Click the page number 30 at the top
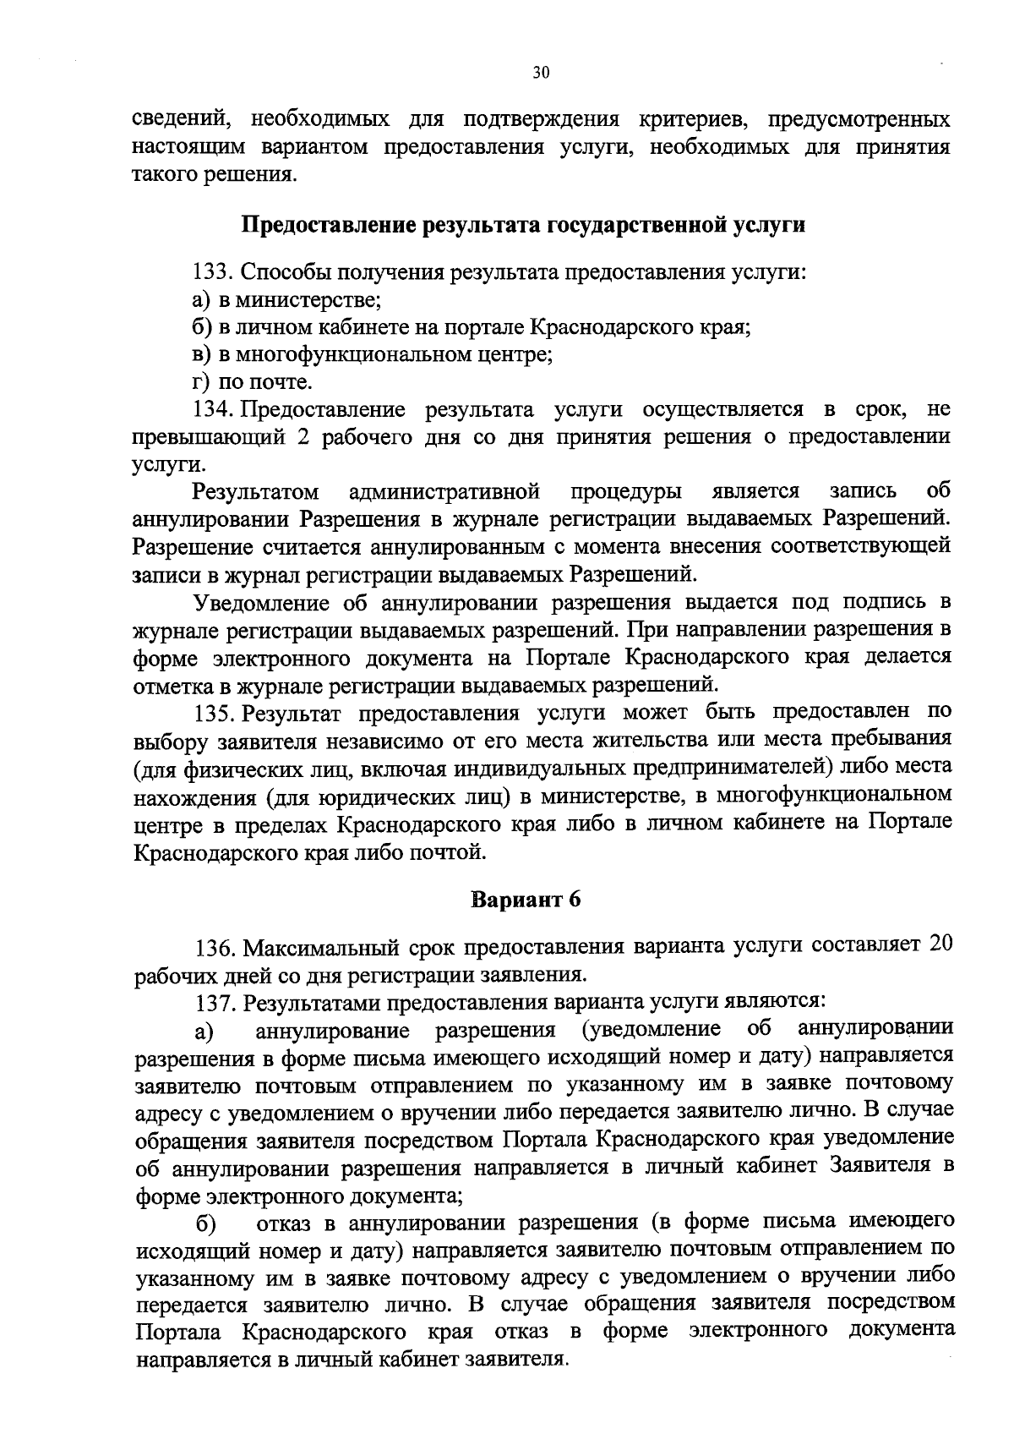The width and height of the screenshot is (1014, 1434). pos(541,73)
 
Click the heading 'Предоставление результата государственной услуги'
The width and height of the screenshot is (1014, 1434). pos(524,225)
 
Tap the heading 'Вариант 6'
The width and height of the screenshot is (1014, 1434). pos(526,899)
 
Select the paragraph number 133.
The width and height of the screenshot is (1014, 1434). pos(212,272)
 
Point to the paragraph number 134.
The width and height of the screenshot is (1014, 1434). pos(212,410)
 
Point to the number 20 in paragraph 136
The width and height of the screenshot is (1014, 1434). pos(940,944)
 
